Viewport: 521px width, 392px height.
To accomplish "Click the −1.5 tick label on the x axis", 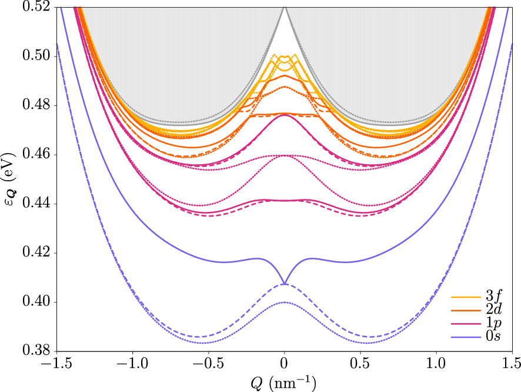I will pyautogui.click(x=57, y=364).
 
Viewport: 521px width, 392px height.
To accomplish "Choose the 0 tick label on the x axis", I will pyautogui.click(x=285, y=364).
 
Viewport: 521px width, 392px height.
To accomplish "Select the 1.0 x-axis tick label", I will pyautogui.click(x=436, y=364).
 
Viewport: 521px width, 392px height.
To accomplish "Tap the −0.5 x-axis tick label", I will pyautogui.click(x=209, y=364).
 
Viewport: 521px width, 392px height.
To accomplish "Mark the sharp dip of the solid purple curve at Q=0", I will pyautogui.click(x=285, y=284).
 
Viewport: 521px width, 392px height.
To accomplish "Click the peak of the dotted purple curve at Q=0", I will pyautogui.click(x=285, y=303).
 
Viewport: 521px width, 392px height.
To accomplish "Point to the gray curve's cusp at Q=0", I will pyautogui.click(x=285, y=8).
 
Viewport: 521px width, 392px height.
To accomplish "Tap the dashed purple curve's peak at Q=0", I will pyautogui.click(x=285, y=284).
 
